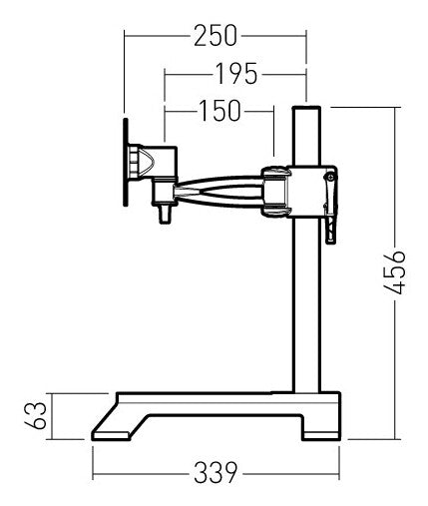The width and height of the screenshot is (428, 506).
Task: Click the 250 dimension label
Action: click(215, 35)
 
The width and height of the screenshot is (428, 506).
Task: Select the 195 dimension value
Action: click(236, 74)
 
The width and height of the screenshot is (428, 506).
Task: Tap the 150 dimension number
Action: click(219, 110)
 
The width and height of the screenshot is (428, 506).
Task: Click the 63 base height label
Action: click(35, 416)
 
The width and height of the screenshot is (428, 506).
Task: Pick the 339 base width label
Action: click(215, 473)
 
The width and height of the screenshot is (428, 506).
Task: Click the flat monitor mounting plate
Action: click(126, 163)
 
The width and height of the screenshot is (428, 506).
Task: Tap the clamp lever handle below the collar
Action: click(330, 231)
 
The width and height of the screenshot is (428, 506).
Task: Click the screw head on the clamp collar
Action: click(329, 178)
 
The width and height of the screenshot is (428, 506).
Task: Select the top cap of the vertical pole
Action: click(306, 108)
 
